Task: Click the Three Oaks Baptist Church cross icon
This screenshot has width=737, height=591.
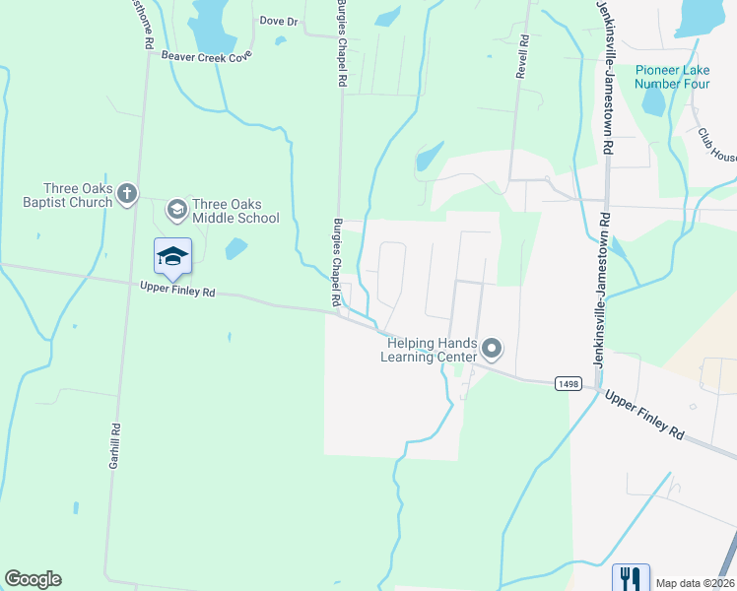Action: pyautogui.click(x=126, y=194)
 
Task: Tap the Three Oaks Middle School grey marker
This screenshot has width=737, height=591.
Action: pyautogui.click(x=177, y=208)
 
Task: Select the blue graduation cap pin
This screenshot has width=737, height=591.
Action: pyautogui.click(x=172, y=256)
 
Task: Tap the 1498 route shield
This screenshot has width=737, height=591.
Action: pyautogui.click(x=567, y=382)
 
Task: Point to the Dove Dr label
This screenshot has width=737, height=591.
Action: pyautogui.click(x=279, y=21)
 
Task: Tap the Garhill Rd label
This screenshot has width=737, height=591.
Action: pyautogui.click(x=115, y=445)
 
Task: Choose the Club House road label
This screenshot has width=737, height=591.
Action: pyautogui.click(x=717, y=145)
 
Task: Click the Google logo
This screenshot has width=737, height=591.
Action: pyautogui.click(x=33, y=579)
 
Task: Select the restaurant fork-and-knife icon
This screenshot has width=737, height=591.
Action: pyautogui.click(x=631, y=577)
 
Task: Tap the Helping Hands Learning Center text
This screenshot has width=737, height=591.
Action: pyautogui.click(x=431, y=350)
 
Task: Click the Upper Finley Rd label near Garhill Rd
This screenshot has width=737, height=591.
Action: pyautogui.click(x=177, y=290)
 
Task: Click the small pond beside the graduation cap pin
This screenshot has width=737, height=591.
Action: pyautogui.click(x=235, y=249)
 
